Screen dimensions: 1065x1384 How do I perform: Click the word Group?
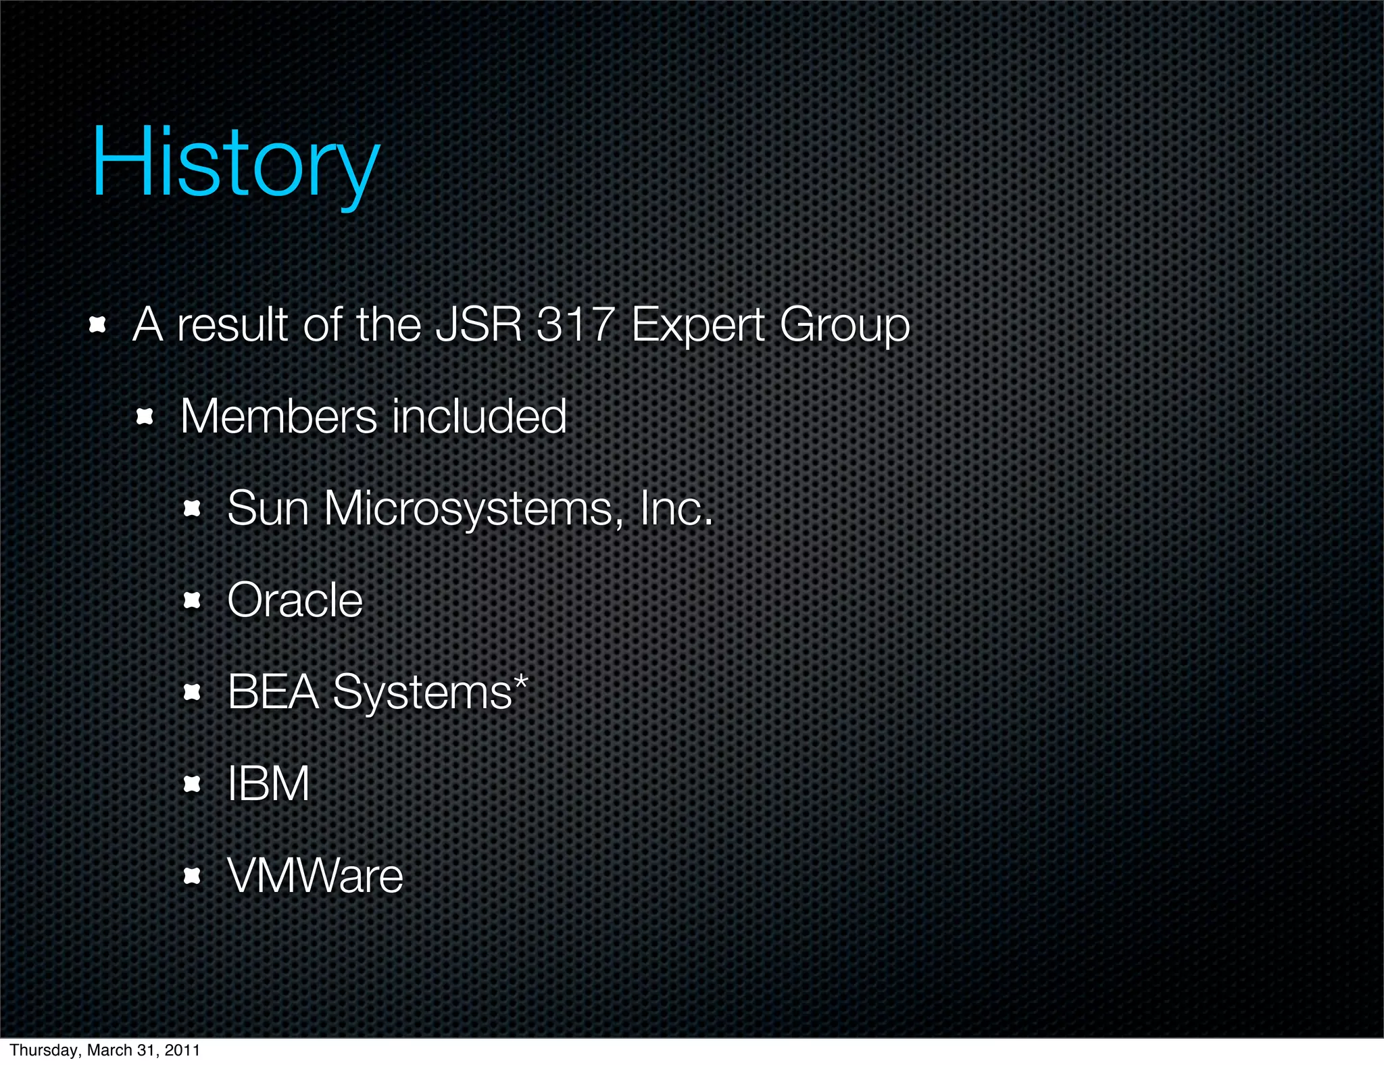(x=844, y=326)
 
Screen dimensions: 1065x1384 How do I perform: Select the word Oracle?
(x=295, y=600)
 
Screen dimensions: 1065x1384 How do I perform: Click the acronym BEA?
(x=273, y=692)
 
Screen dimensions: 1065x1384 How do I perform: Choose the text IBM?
(x=268, y=784)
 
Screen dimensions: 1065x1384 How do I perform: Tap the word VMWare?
(x=315, y=876)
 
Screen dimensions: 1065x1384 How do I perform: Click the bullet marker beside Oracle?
(x=193, y=600)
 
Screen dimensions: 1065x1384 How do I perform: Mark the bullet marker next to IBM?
(x=193, y=784)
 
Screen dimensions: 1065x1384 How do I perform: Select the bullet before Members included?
(x=145, y=417)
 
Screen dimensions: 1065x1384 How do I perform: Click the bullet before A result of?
(x=98, y=325)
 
